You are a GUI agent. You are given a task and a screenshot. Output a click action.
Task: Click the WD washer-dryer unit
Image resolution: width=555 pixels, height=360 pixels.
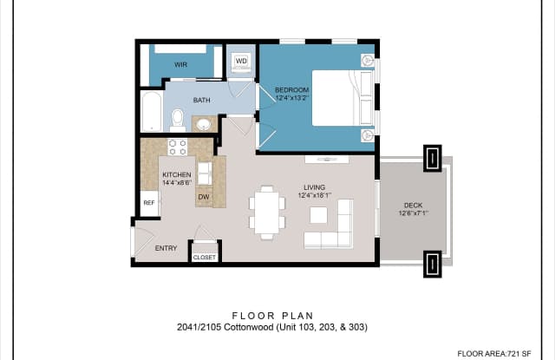point(241,62)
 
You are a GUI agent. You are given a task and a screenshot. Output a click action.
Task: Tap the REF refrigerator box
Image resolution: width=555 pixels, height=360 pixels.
point(149,203)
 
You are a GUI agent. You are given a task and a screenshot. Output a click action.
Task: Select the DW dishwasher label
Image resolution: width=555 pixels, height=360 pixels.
point(204,197)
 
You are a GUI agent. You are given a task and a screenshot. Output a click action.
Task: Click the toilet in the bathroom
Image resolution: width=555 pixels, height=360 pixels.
point(177,120)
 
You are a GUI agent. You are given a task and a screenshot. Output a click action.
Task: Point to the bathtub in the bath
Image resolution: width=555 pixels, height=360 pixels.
point(152,112)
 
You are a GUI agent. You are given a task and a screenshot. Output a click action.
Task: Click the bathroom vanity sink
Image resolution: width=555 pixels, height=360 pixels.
point(204,124)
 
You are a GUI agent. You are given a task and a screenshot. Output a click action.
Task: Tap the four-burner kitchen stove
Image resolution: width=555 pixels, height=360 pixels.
point(178,147)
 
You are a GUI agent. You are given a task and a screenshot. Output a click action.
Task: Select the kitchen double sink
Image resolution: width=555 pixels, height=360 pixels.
point(205,173)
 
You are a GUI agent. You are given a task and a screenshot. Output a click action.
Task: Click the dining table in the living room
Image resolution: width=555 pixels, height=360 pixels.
point(267,213)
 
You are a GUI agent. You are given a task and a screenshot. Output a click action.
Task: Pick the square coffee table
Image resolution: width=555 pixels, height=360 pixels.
point(318,215)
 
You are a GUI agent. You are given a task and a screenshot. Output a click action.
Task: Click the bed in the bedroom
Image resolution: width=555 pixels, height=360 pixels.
point(343,98)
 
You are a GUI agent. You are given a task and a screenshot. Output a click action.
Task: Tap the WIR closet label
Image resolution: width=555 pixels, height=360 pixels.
point(180,65)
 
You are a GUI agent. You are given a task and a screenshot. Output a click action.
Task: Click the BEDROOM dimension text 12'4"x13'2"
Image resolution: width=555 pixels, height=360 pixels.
point(292,98)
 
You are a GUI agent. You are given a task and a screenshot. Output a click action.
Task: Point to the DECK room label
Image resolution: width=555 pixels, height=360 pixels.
point(413,206)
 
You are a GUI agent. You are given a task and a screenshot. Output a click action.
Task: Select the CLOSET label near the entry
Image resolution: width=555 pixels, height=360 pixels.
point(205,258)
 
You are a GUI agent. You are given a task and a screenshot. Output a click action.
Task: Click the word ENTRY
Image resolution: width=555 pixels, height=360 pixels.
point(166,248)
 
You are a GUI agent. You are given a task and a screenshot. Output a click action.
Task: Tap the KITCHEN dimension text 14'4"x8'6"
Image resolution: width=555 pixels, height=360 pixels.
point(177,183)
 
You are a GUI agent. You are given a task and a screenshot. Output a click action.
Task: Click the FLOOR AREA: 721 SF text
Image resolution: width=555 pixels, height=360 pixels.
point(494,354)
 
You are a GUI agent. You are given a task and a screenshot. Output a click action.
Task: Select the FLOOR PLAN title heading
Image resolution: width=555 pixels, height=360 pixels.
point(273,316)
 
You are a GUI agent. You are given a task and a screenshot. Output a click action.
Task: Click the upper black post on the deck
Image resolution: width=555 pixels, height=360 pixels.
point(433,158)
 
